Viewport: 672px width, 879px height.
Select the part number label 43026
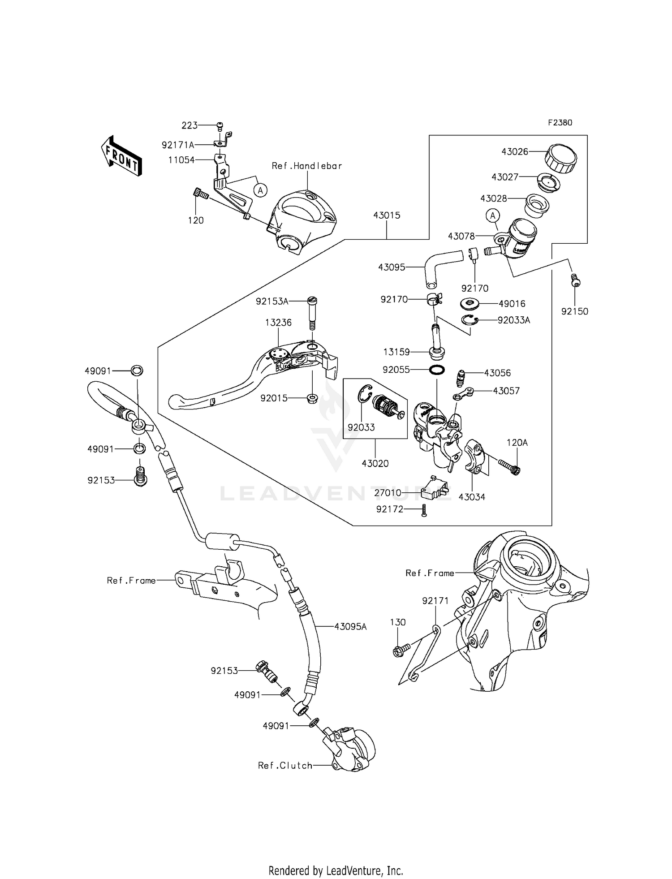[515, 151]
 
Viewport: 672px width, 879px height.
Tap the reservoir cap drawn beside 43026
[560, 158]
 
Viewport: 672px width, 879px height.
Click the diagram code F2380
[560, 122]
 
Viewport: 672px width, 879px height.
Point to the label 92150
[574, 311]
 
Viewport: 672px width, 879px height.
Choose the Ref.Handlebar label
[307, 166]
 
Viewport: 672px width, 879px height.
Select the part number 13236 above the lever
[278, 323]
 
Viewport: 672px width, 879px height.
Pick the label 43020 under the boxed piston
[375, 464]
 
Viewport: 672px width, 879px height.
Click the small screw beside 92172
[424, 510]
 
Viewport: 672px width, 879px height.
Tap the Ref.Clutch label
[285, 766]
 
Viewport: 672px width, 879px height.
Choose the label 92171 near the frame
[435, 601]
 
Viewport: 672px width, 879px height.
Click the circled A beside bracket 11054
[260, 190]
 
